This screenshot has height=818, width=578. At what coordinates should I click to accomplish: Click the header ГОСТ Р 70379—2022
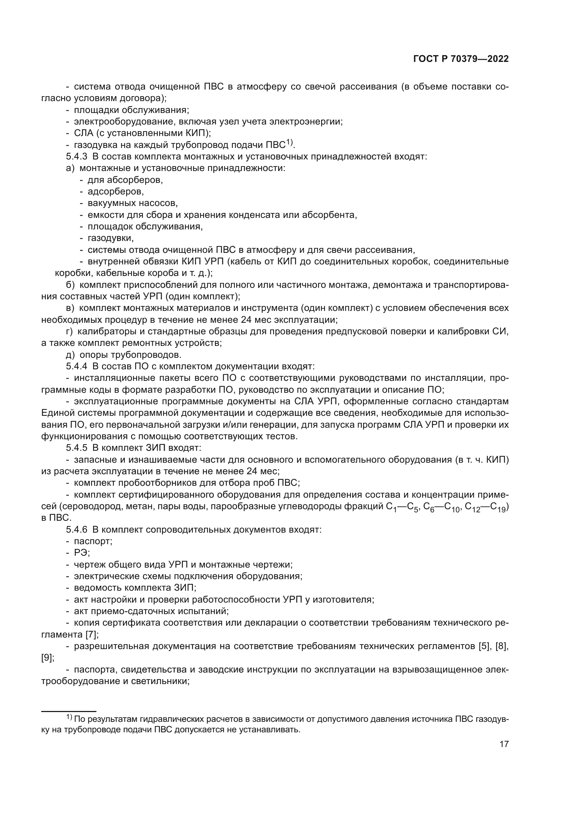461,59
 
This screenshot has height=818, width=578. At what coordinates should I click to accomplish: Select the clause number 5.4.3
77,157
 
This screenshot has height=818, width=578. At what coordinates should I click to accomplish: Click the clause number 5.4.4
77,366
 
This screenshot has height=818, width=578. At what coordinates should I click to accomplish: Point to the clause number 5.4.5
77,448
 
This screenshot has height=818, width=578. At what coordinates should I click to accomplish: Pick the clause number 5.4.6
77,530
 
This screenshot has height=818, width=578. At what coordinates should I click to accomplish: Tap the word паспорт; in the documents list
93,541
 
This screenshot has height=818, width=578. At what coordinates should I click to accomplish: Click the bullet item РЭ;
82,553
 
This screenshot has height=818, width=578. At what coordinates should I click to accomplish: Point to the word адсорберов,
116,192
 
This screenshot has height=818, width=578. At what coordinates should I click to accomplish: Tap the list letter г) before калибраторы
70,331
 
